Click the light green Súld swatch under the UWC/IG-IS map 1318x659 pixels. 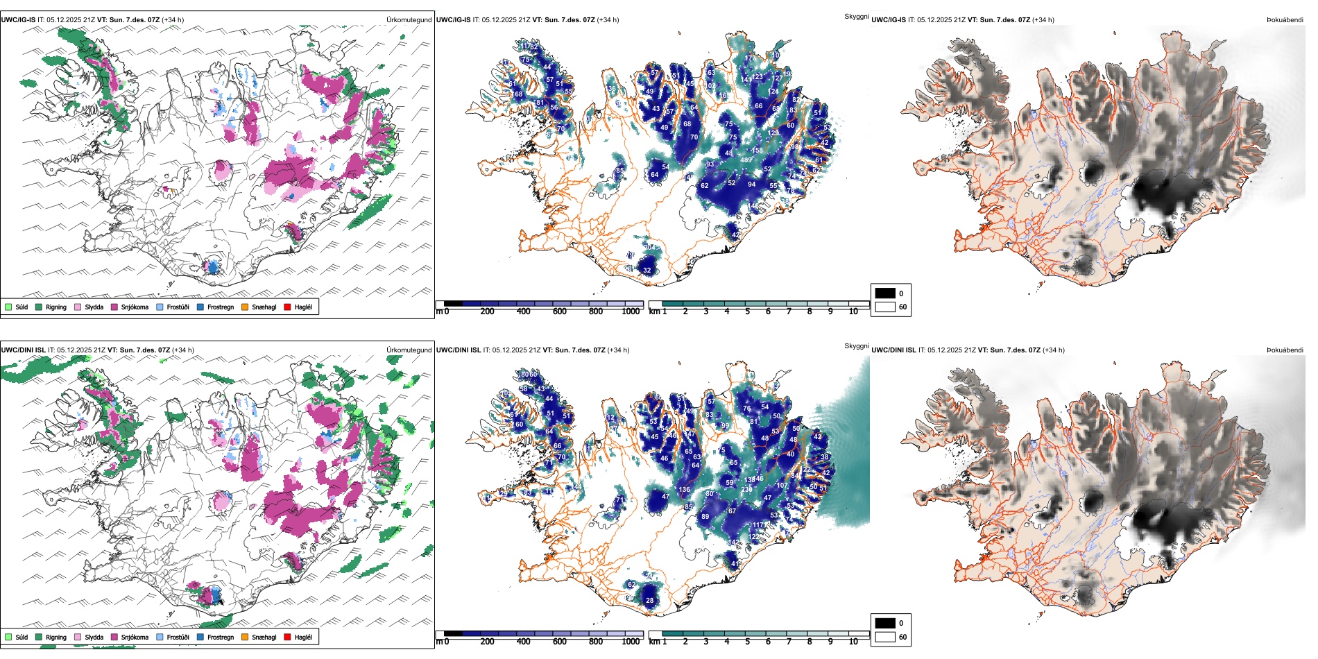click(8, 307)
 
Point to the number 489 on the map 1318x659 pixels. click(746, 160)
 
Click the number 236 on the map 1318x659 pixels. click(746, 489)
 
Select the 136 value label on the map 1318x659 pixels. click(685, 490)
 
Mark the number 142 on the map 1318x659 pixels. click(734, 542)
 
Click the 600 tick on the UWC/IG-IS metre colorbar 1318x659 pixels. click(560, 311)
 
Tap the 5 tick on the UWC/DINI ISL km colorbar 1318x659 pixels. click(748, 642)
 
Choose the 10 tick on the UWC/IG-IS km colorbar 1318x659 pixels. click(853, 311)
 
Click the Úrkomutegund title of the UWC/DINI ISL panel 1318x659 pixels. click(409, 350)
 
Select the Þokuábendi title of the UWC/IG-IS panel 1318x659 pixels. click(1285, 20)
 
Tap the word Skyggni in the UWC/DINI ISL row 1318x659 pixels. click(856, 345)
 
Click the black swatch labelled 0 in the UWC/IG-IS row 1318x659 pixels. click(885, 293)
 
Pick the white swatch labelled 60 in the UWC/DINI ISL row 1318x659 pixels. click(885, 637)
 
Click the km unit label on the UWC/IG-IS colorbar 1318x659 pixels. click(653, 311)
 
